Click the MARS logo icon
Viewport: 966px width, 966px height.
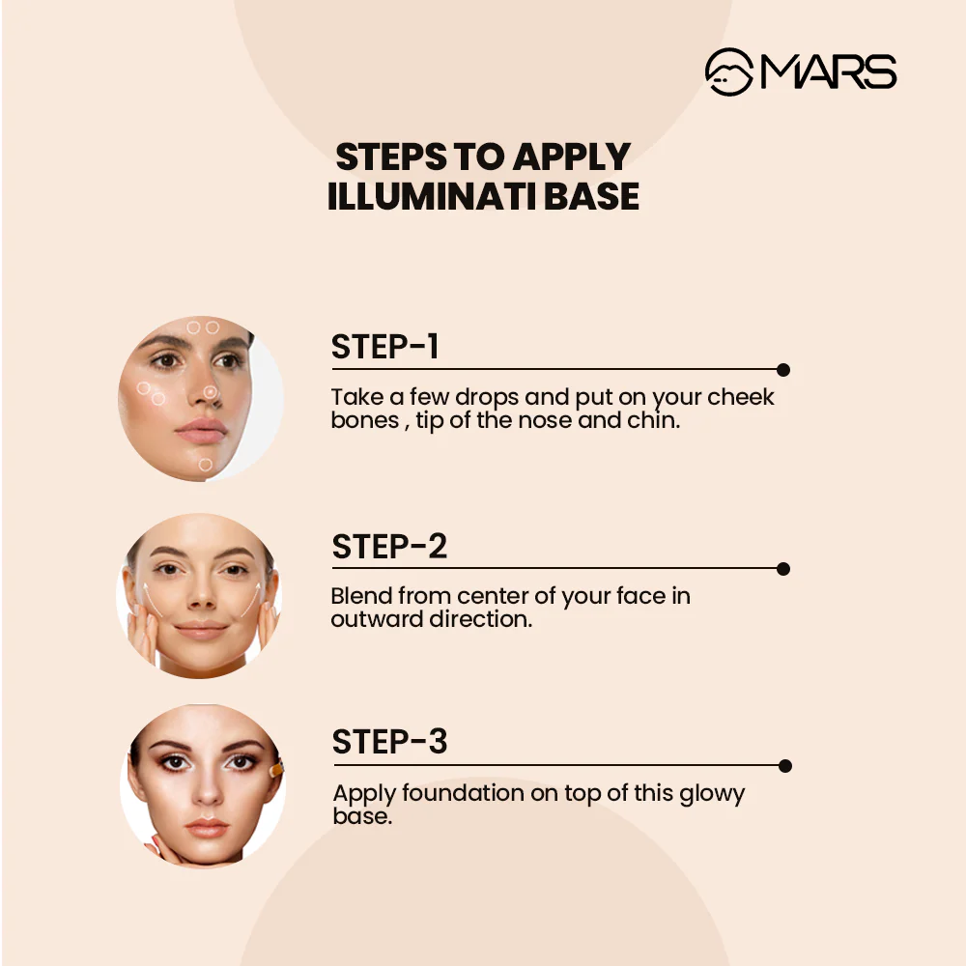click(729, 72)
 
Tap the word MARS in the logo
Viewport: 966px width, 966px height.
click(829, 72)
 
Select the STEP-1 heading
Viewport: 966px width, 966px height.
click(384, 347)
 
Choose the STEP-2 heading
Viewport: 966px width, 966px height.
click(389, 547)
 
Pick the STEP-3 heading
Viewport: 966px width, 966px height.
click(389, 742)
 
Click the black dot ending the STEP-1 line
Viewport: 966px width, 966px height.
click(783, 370)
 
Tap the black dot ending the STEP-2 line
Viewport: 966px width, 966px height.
click(783, 569)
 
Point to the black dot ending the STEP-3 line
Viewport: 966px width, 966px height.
click(784, 766)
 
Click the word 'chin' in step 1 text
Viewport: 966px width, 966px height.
click(657, 421)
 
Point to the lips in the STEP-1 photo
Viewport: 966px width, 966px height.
click(201, 429)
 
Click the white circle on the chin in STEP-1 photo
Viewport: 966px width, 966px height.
click(205, 465)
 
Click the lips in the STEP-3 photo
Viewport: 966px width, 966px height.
click(206, 829)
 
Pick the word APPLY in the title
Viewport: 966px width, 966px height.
click(572, 156)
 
